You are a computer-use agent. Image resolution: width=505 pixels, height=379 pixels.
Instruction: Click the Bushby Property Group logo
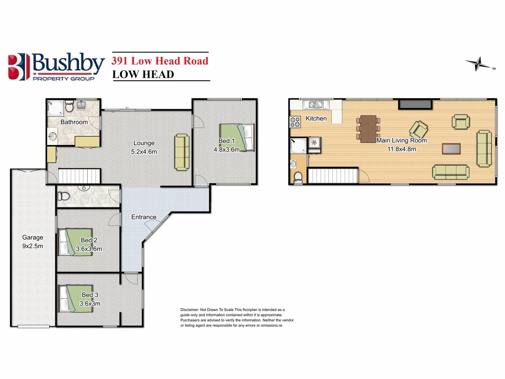56,67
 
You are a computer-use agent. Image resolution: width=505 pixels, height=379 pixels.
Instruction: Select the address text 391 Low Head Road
160,61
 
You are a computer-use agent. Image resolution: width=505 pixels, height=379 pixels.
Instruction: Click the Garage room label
33,238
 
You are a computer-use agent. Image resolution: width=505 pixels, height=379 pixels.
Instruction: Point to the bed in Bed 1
237,137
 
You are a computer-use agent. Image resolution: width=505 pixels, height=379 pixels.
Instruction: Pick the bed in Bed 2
76,242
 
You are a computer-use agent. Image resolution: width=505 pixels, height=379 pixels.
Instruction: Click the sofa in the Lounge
182,152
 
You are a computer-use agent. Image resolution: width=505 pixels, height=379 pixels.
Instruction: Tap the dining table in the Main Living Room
368,129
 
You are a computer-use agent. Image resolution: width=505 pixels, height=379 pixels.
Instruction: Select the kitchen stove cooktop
295,122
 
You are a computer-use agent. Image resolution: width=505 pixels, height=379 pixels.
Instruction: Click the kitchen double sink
315,105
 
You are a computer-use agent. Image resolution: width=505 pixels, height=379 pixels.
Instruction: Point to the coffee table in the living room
451,149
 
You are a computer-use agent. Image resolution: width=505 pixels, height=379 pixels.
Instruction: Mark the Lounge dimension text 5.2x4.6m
144,152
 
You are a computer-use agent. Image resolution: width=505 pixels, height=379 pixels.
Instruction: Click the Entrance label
144,217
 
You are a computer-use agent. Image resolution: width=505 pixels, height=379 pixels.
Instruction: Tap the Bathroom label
74,122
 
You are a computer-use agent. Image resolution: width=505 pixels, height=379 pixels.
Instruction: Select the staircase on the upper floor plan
332,176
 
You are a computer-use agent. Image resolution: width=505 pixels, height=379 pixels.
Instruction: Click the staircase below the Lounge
79,176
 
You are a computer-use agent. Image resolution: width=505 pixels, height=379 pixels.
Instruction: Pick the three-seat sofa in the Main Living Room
451,172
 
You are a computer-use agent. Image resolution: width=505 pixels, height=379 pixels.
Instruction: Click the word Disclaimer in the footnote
189,310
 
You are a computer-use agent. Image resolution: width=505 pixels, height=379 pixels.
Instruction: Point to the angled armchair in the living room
418,129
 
